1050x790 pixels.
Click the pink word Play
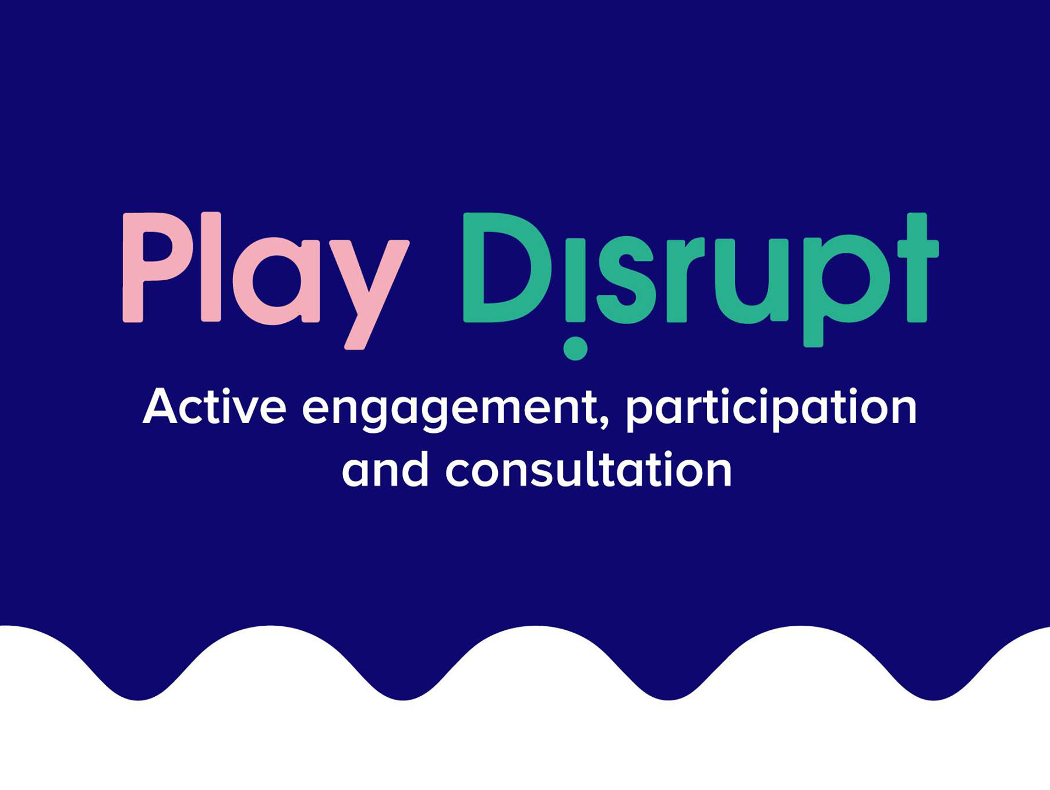click(x=266, y=280)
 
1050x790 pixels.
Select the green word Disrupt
click(x=701, y=285)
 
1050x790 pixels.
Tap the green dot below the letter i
click(x=575, y=348)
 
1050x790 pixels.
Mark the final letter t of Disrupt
click(x=918, y=267)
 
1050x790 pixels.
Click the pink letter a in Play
click(x=276, y=281)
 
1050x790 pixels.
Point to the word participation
click(x=771, y=410)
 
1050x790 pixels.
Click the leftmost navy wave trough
click(x=139, y=693)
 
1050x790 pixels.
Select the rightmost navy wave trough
click(x=934, y=693)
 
